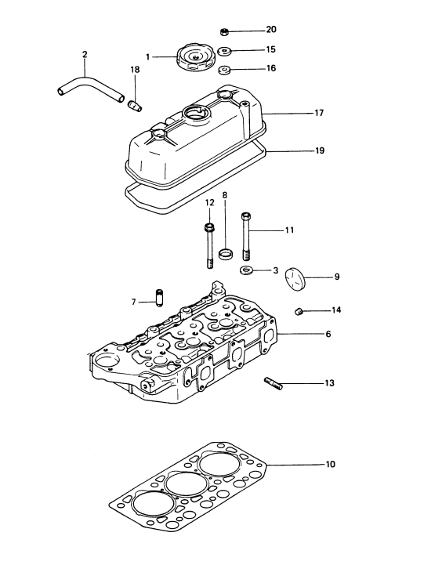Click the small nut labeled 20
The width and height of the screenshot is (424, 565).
[x=223, y=31]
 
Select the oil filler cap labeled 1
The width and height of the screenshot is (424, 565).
[x=194, y=58]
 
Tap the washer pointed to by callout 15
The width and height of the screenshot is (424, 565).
[x=225, y=51]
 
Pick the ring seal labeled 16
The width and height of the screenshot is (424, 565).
[x=225, y=69]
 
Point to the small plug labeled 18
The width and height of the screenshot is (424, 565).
[x=135, y=105]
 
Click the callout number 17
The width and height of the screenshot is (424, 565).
[x=319, y=113]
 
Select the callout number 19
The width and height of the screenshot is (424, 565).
[x=320, y=150]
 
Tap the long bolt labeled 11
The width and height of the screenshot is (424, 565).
[x=246, y=237]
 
